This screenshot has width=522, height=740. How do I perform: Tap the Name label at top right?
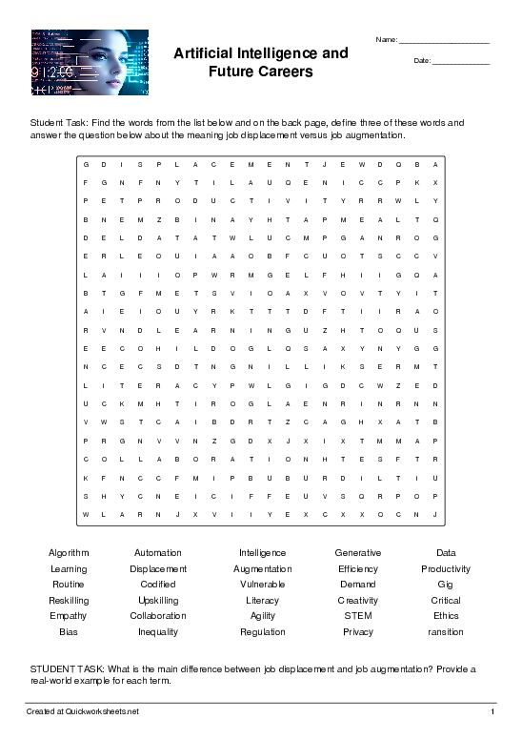(387, 39)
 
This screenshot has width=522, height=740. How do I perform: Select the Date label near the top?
(422, 61)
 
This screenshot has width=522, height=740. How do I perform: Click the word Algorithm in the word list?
(69, 553)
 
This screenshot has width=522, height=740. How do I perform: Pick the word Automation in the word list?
(158, 553)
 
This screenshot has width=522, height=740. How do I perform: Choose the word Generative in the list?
(358, 553)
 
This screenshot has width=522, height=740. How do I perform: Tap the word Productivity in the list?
(446, 569)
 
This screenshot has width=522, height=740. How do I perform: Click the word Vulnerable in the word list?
(263, 585)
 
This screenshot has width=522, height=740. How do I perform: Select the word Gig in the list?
(446, 585)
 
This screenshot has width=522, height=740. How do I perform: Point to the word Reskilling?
(69, 601)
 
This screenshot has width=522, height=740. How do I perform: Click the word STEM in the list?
(358, 616)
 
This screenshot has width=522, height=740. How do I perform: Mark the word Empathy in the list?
(69, 616)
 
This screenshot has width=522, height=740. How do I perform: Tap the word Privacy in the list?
(358, 632)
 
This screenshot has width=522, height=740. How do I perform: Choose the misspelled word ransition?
(446, 632)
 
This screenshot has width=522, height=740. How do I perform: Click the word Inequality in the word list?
(158, 632)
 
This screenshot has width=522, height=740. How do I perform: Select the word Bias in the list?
(69, 632)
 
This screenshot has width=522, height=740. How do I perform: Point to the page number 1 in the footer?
(492, 712)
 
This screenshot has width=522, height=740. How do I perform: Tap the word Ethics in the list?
(446, 616)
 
